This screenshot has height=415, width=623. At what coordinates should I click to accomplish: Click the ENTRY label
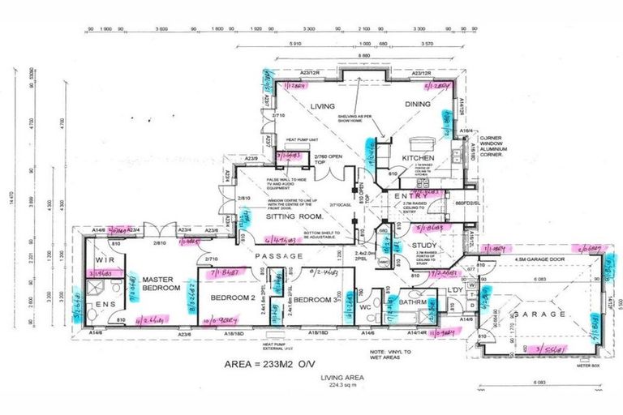(x=410, y=196)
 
